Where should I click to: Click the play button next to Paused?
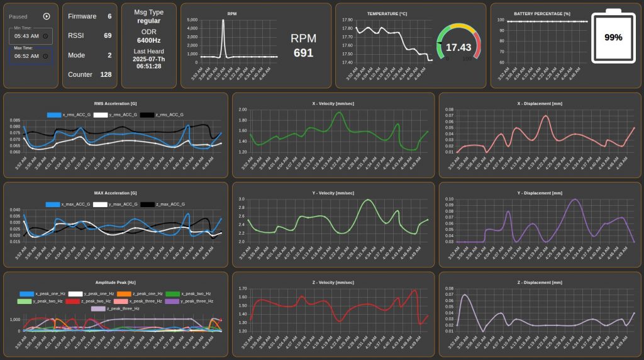[47, 16]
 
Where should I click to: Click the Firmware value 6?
[109, 16]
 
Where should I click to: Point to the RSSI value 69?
[108, 36]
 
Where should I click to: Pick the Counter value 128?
[106, 74]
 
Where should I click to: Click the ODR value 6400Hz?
[149, 40]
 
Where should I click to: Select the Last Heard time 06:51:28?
[149, 66]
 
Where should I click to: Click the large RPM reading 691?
[303, 53]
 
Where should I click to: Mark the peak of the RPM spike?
[223, 20]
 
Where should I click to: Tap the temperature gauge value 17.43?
[458, 47]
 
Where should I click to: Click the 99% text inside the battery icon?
[613, 37]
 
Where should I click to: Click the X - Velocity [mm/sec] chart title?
[333, 103]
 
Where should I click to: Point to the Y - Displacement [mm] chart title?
[539, 193]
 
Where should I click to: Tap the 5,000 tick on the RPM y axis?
[192, 20]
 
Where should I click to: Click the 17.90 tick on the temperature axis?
[347, 20]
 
